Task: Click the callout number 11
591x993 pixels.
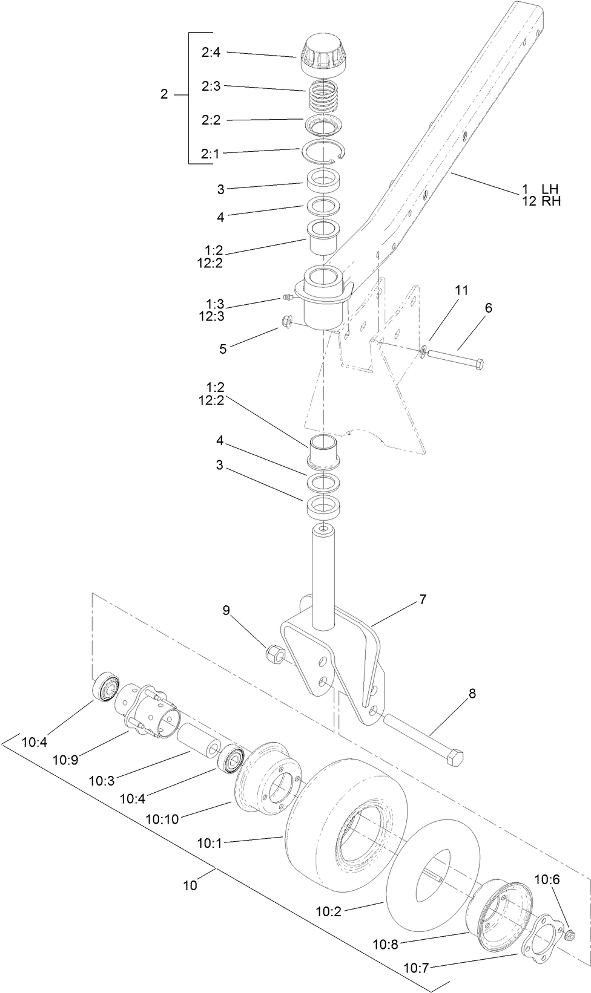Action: click(461, 291)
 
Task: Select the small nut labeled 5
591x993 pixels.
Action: click(287, 321)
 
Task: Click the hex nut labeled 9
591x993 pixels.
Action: click(274, 653)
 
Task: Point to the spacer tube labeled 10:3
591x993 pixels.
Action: click(197, 741)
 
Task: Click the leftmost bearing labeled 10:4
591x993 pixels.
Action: click(107, 686)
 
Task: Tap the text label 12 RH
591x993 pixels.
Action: click(541, 201)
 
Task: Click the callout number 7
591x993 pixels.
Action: click(422, 600)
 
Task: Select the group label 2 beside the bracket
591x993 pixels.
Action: click(163, 95)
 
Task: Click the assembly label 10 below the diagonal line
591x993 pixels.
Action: click(190, 885)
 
